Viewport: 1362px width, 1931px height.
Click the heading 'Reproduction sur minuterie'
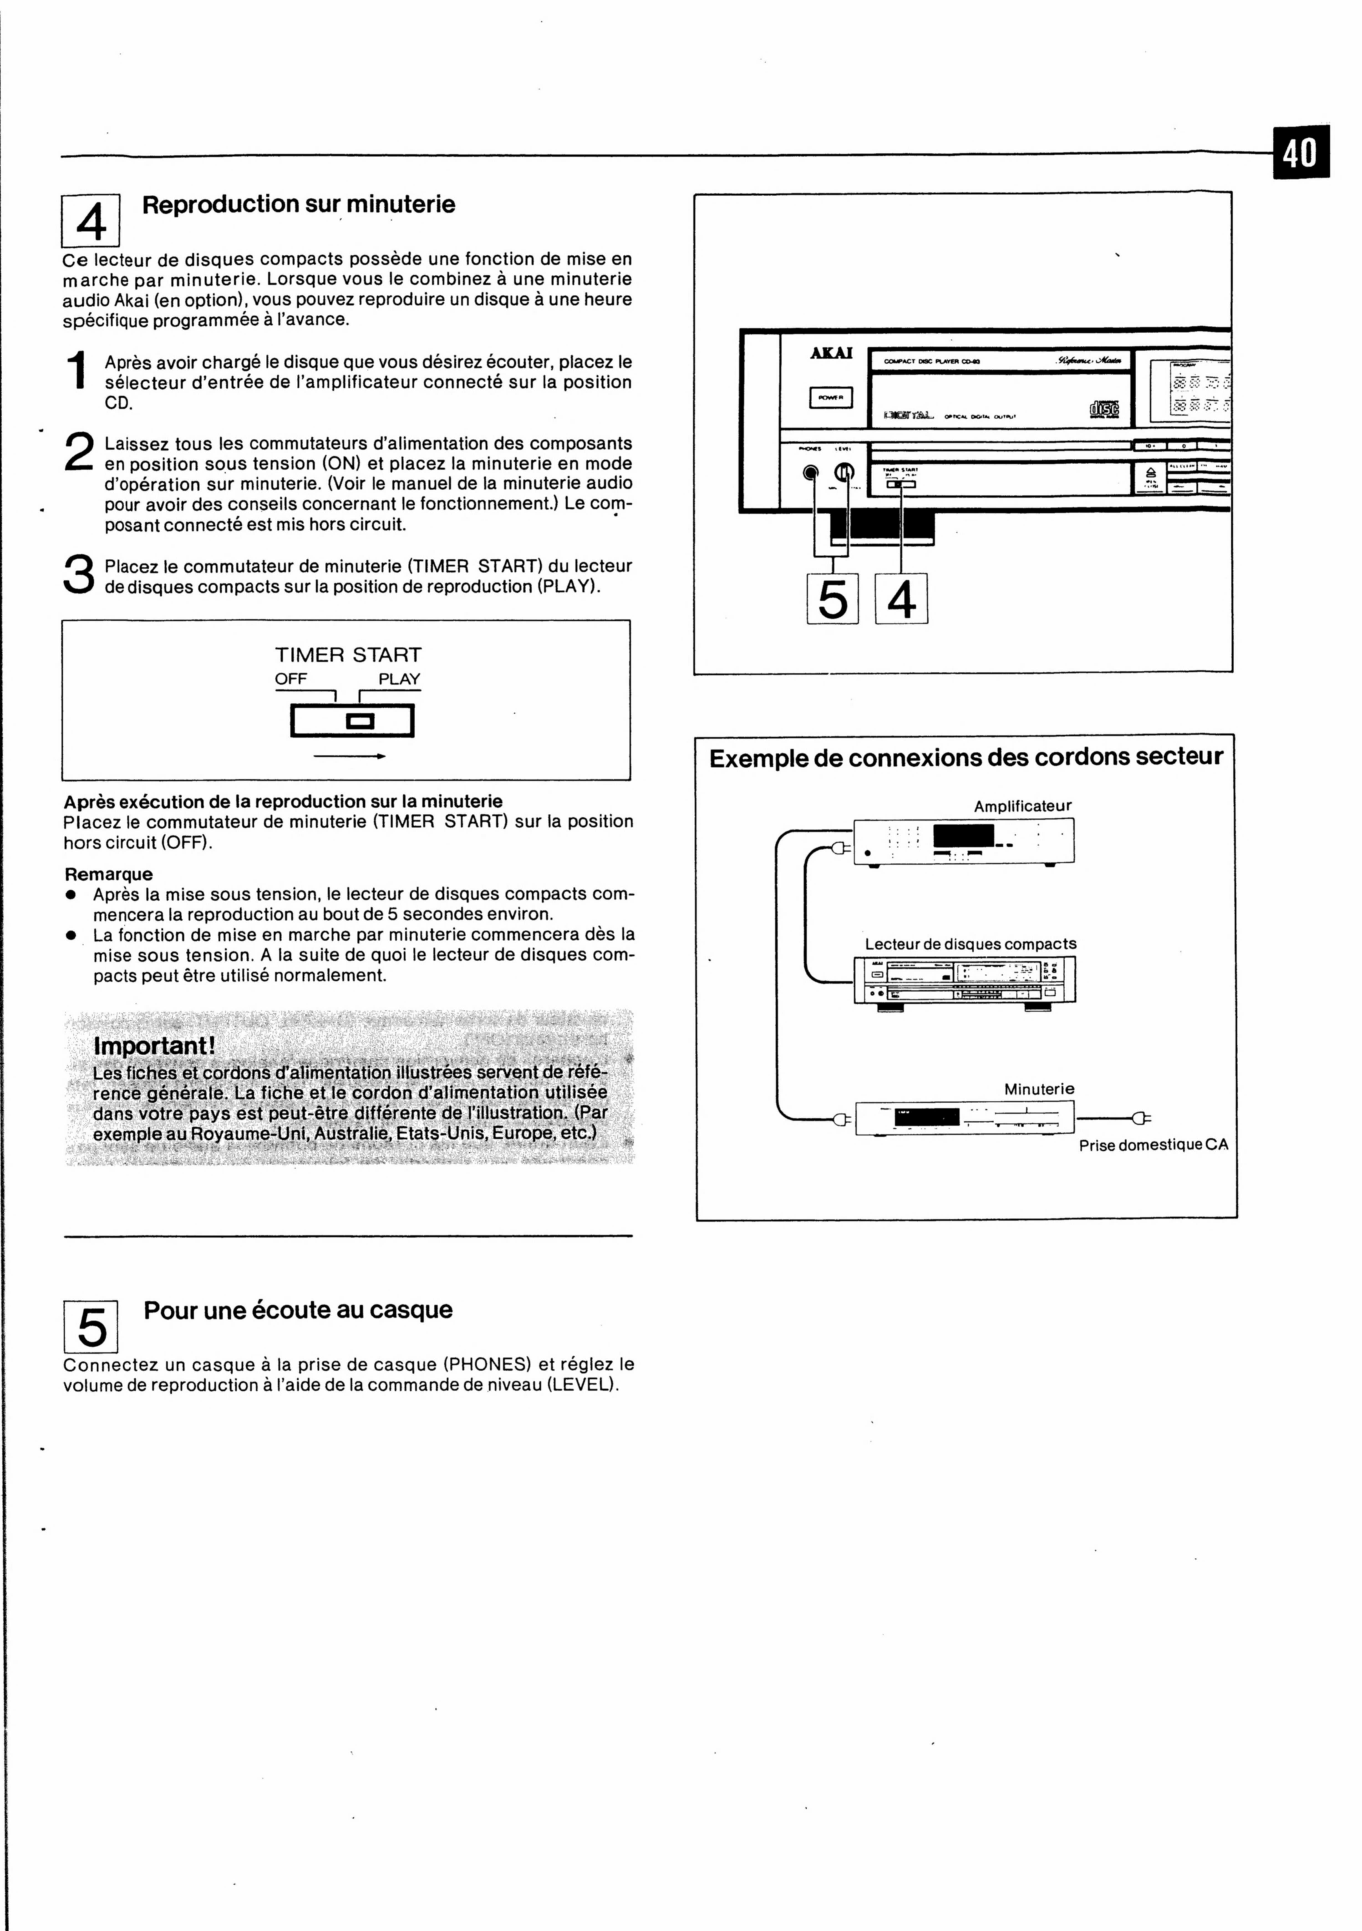coord(298,204)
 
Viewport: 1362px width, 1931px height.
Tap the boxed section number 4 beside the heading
coord(91,220)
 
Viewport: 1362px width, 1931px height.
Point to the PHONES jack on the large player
coord(810,473)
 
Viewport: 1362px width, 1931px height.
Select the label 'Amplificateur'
coord(1022,806)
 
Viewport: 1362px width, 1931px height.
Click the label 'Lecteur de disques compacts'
coord(970,944)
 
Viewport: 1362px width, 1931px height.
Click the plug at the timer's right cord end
coord(1141,1118)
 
